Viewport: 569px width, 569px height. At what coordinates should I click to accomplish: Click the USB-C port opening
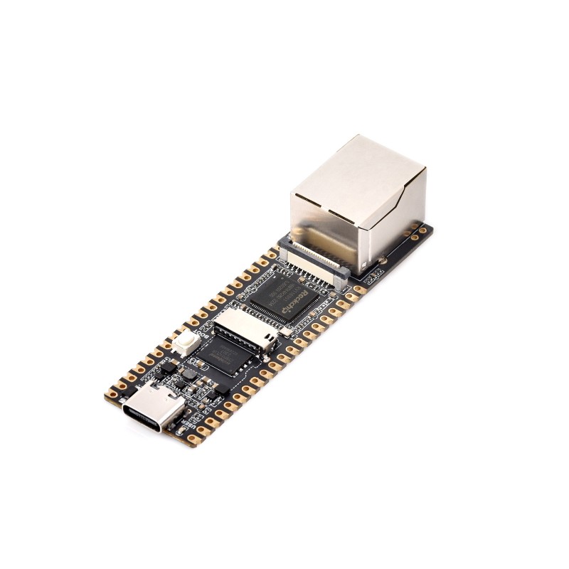click(146, 419)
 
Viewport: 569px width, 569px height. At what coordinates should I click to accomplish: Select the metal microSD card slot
click(243, 331)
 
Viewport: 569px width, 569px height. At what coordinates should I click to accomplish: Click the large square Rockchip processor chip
click(288, 299)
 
